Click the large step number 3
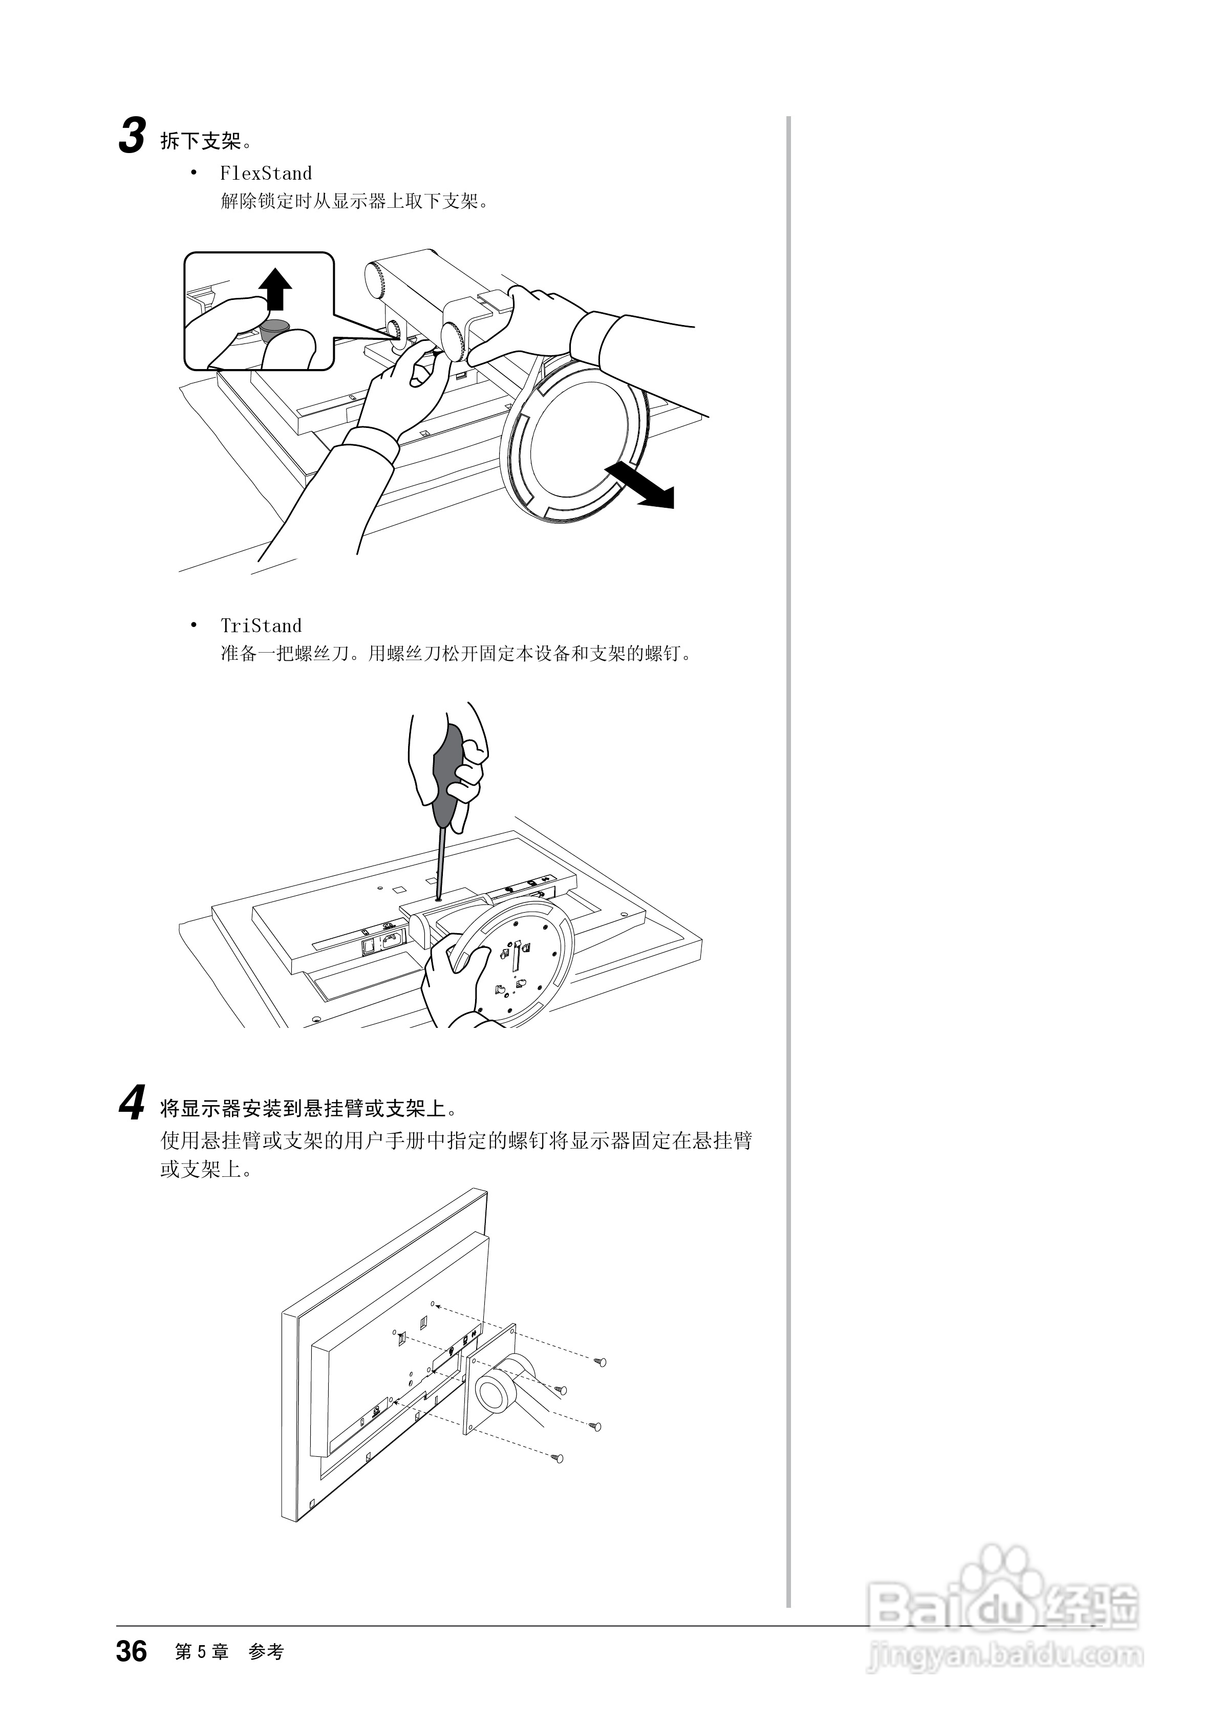132,137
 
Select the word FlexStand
265,174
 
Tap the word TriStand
261,626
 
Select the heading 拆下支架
201,140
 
